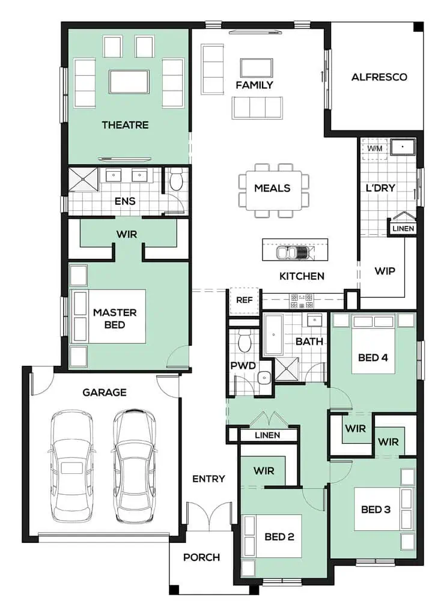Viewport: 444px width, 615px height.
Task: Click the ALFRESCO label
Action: pos(379,77)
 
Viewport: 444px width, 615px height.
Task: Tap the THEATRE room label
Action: pos(125,125)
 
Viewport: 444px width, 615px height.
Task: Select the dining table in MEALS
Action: pos(273,190)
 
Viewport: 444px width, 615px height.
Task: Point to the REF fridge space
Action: pos(244,301)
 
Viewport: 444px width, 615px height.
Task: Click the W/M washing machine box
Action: pos(375,149)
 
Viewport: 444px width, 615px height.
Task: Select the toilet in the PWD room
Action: pos(245,341)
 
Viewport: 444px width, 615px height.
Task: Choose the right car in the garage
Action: pos(134,466)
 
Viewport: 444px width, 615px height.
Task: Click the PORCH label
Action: pos(202,557)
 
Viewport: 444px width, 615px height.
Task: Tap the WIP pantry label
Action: pos(385,271)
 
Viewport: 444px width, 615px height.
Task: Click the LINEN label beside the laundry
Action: pos(403,228)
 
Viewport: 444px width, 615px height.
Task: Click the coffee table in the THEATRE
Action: pos(129,82)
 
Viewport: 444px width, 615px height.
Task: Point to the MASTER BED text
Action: pos(115,318)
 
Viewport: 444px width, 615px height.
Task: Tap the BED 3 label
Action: pos(376,509)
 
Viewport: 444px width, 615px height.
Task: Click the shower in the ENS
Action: pos(83,180)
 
